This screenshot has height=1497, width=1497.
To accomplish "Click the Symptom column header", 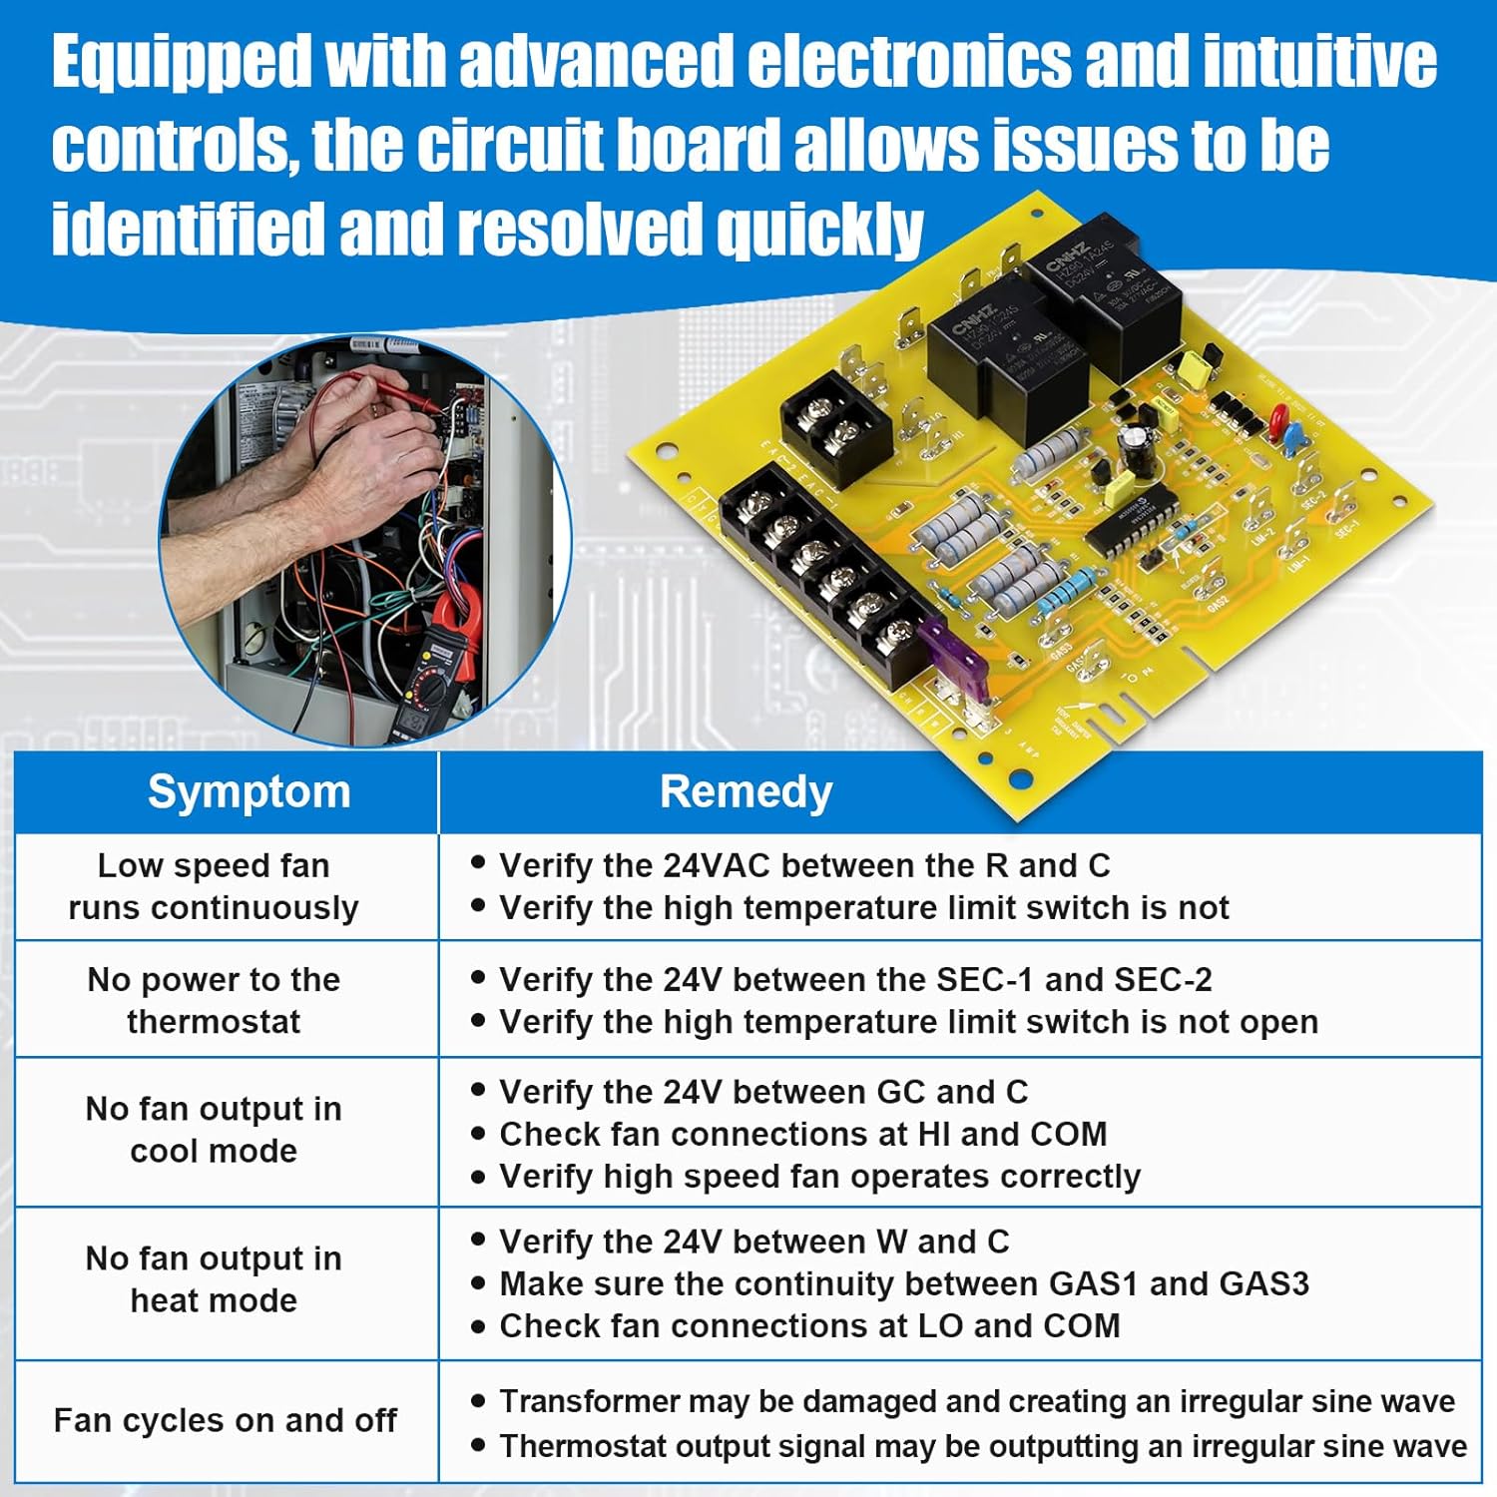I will [x=249, y=792].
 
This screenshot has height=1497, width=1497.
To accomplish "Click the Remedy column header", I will [x=746, y=792].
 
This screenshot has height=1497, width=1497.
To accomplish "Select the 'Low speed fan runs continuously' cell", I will [x=214, y=886].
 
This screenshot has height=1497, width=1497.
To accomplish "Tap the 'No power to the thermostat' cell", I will [x=214, y=1000].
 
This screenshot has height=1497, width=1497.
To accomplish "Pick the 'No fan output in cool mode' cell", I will [x=214, y=1130].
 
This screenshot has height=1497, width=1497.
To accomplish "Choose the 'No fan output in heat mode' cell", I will [x=214, y=1279].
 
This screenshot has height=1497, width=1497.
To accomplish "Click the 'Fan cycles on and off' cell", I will [x=226, y=1420].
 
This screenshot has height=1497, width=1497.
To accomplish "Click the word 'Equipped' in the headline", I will [x=182, y=62].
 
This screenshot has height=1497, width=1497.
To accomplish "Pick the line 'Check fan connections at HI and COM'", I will [x=803, y=1134].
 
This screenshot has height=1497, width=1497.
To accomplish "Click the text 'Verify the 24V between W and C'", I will [x=754, y=1242].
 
